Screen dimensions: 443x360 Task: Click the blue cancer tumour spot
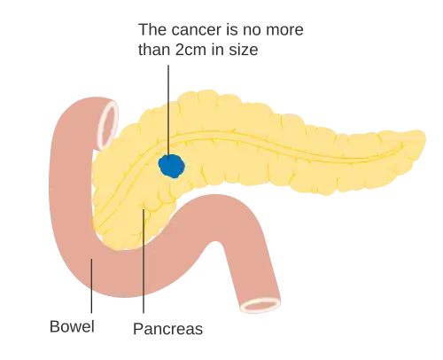click(x=172, y=166)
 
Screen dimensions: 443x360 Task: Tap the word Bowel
click(x=72, y=326)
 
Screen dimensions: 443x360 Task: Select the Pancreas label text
click(x=168, y=329)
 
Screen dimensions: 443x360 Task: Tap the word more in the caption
click(x=284, y=29)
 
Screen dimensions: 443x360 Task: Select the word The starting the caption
click(x=152, y=29)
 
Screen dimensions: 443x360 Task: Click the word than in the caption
click(x=154, y=50)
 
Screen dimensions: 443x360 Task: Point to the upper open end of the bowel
click(x=108, y=124)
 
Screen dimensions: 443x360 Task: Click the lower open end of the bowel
click(x=260, y=305)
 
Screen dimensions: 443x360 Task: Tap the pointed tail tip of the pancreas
click(x=424, y=137)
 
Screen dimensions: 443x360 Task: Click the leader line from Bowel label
click(x=91, y=286)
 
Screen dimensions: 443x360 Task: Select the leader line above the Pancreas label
click(x=144, y=261)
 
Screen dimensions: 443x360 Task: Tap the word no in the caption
click(x=252, y=29)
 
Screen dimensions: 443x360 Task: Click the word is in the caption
click(x=232, y=29)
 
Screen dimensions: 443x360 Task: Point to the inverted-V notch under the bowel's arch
click(x=217, y=242)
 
